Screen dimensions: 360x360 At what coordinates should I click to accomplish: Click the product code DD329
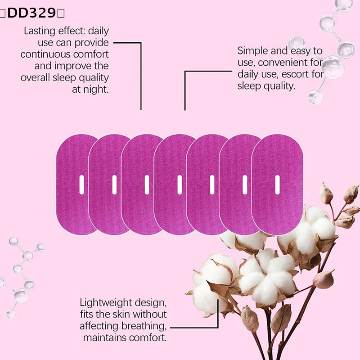tap(31, 13)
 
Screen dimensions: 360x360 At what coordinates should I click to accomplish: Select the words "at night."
tap(90, 89)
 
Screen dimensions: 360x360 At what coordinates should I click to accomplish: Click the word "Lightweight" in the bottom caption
tap(106, 303)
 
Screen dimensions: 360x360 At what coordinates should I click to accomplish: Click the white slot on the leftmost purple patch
tap(81, 185)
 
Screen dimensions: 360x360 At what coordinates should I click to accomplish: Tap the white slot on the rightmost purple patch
tap(277, 185)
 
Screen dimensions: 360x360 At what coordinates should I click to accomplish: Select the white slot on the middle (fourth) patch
tap(180, 185)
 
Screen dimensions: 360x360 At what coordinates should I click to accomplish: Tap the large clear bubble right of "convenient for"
tap(333, 67)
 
